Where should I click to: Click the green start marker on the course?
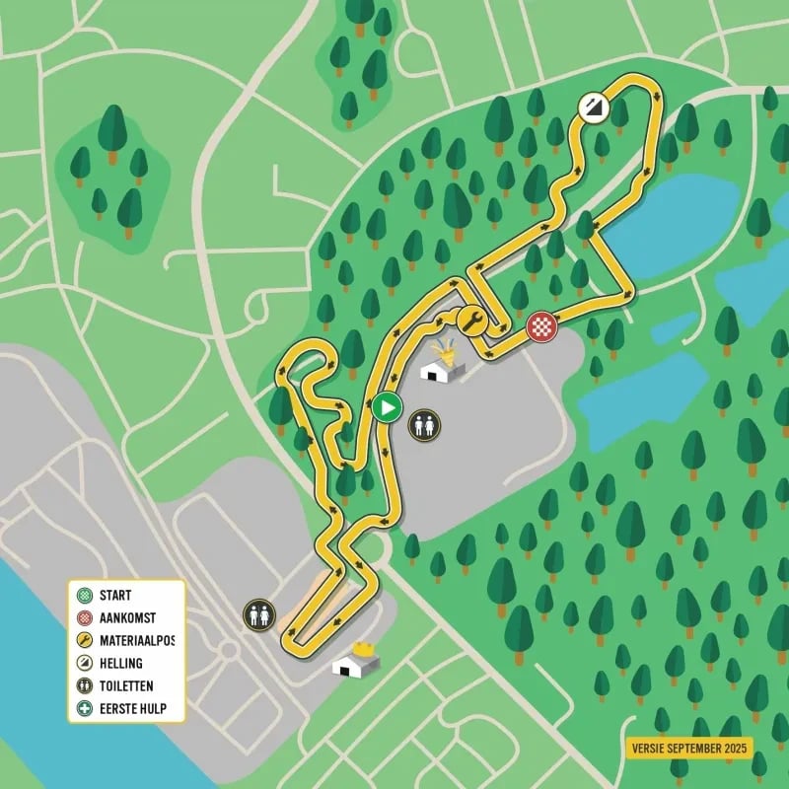click(x=388, y=406)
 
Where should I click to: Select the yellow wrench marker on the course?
click(x=472, y=321)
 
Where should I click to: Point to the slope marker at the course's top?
click(x=592, y=107)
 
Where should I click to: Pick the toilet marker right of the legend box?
click(x=258, y=614)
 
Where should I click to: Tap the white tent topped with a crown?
click(x=357, y=660)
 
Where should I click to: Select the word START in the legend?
click(x=115, y=596)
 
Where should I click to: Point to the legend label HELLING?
click(x=121, y=663)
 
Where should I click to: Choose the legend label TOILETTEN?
click(x=126, y=685)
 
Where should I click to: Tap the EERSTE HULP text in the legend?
click(x=132, y=708)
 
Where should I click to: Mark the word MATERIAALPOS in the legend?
click(x=137, y=640)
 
